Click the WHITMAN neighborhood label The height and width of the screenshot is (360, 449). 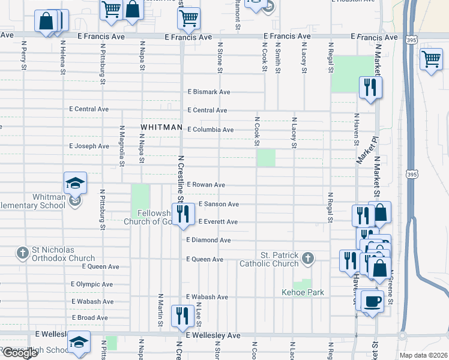click(161, 128)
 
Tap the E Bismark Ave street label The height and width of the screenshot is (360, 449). click(209, 92)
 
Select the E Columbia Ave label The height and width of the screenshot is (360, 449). click(210, 130)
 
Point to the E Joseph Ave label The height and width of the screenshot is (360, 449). click(89, 146)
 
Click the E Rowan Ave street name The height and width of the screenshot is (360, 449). click(206, 185)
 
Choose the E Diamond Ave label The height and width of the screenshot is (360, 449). click(208, 240)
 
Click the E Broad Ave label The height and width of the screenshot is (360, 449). click(89, 317)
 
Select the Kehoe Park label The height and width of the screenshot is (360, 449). click(303, 293)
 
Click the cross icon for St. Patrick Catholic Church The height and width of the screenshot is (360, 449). click(307, 259)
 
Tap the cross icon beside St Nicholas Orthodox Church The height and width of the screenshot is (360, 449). click(23, 254)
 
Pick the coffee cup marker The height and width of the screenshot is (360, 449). click(372, 301)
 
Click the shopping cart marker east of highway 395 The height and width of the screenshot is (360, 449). click(431, 60)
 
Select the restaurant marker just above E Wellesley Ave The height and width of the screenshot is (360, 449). click(182, 316)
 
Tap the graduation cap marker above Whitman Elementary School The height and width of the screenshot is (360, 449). click(76, 182)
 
